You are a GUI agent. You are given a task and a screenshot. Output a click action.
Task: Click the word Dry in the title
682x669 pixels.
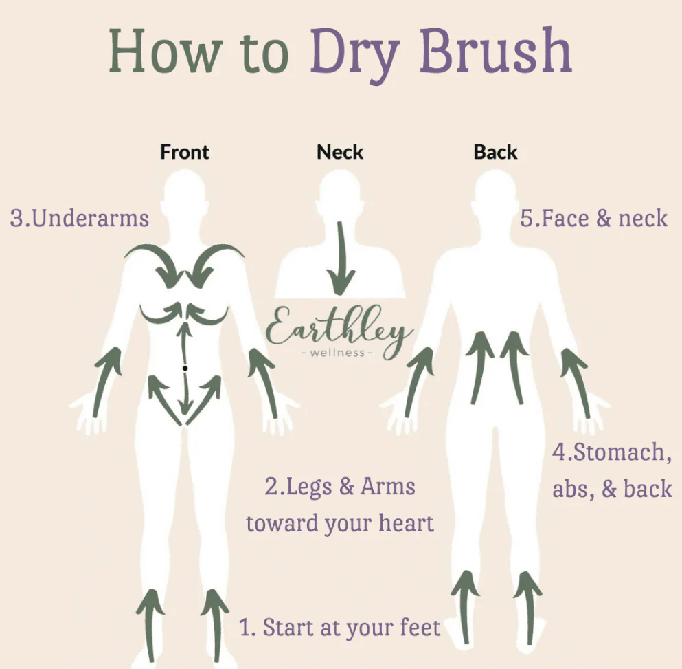354,55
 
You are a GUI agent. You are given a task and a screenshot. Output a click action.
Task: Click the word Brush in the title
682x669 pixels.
495,50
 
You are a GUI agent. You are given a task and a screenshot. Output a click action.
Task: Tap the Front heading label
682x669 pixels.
185,152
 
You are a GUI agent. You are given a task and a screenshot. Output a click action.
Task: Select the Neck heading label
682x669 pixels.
340,152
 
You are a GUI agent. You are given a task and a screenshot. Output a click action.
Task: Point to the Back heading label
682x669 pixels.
495,152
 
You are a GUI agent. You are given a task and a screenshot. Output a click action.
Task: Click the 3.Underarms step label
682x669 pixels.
80,218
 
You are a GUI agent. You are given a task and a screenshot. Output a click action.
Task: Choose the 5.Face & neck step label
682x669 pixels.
593,218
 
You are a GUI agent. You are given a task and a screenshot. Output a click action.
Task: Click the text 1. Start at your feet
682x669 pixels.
340,628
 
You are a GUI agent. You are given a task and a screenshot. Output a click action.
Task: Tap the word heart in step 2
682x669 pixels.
406,523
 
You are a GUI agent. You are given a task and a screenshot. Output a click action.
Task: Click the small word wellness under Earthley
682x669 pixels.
337,353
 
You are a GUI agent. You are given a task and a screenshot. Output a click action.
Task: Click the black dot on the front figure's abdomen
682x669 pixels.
185,368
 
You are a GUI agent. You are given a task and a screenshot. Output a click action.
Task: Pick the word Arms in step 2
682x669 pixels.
387,487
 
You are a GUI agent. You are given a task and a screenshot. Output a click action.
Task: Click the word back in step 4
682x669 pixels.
648,489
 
